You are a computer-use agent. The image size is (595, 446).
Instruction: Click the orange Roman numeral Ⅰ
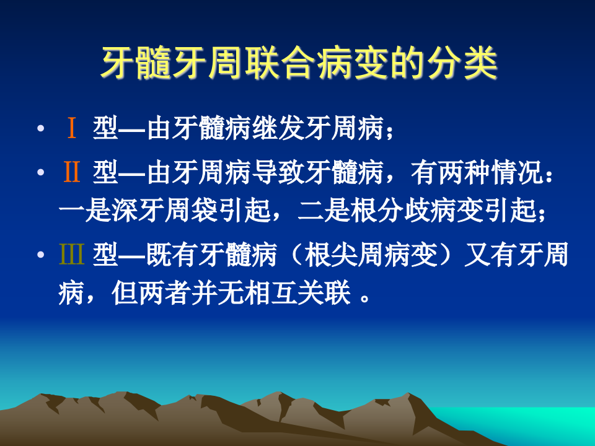(x=72, y=129)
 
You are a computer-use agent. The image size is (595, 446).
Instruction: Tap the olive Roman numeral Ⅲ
(x=71, y=255)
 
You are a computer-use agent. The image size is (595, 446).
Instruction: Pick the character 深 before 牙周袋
(x=126, y=212)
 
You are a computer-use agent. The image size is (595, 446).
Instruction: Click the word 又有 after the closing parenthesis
(x=488, y=255)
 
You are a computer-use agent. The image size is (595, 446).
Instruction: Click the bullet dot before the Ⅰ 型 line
(x=40, y=130)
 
